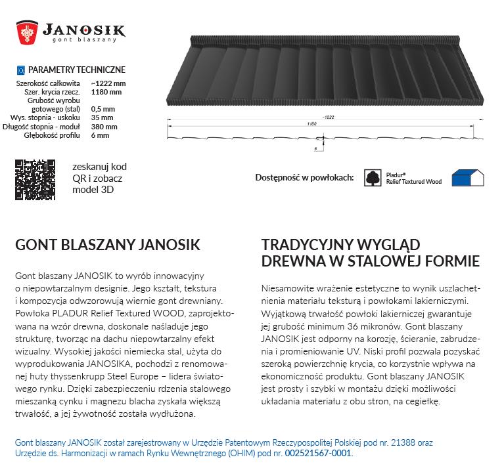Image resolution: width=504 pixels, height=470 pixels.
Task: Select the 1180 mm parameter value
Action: tap(104, 92)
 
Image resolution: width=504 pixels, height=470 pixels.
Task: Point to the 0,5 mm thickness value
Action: tap(103, 109)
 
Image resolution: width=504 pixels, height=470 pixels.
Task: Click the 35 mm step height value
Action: tap(102, 117)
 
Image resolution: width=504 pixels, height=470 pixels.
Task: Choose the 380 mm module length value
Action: tap(104, 127)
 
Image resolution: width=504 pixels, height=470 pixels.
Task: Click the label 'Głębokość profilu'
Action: tap(53, 135)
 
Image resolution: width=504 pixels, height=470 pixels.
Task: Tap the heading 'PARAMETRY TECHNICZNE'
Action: tap(76, 70)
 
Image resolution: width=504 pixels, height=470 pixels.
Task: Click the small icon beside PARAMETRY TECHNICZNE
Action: tap(20, 70)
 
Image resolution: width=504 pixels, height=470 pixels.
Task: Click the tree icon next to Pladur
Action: tap(373, 177)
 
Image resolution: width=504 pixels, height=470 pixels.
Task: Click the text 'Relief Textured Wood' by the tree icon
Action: tap(413, 182)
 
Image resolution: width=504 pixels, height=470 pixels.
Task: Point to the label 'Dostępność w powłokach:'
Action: tap(304, 178)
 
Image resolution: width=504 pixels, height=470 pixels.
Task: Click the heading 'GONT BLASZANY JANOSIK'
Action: tap(107, 245)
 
